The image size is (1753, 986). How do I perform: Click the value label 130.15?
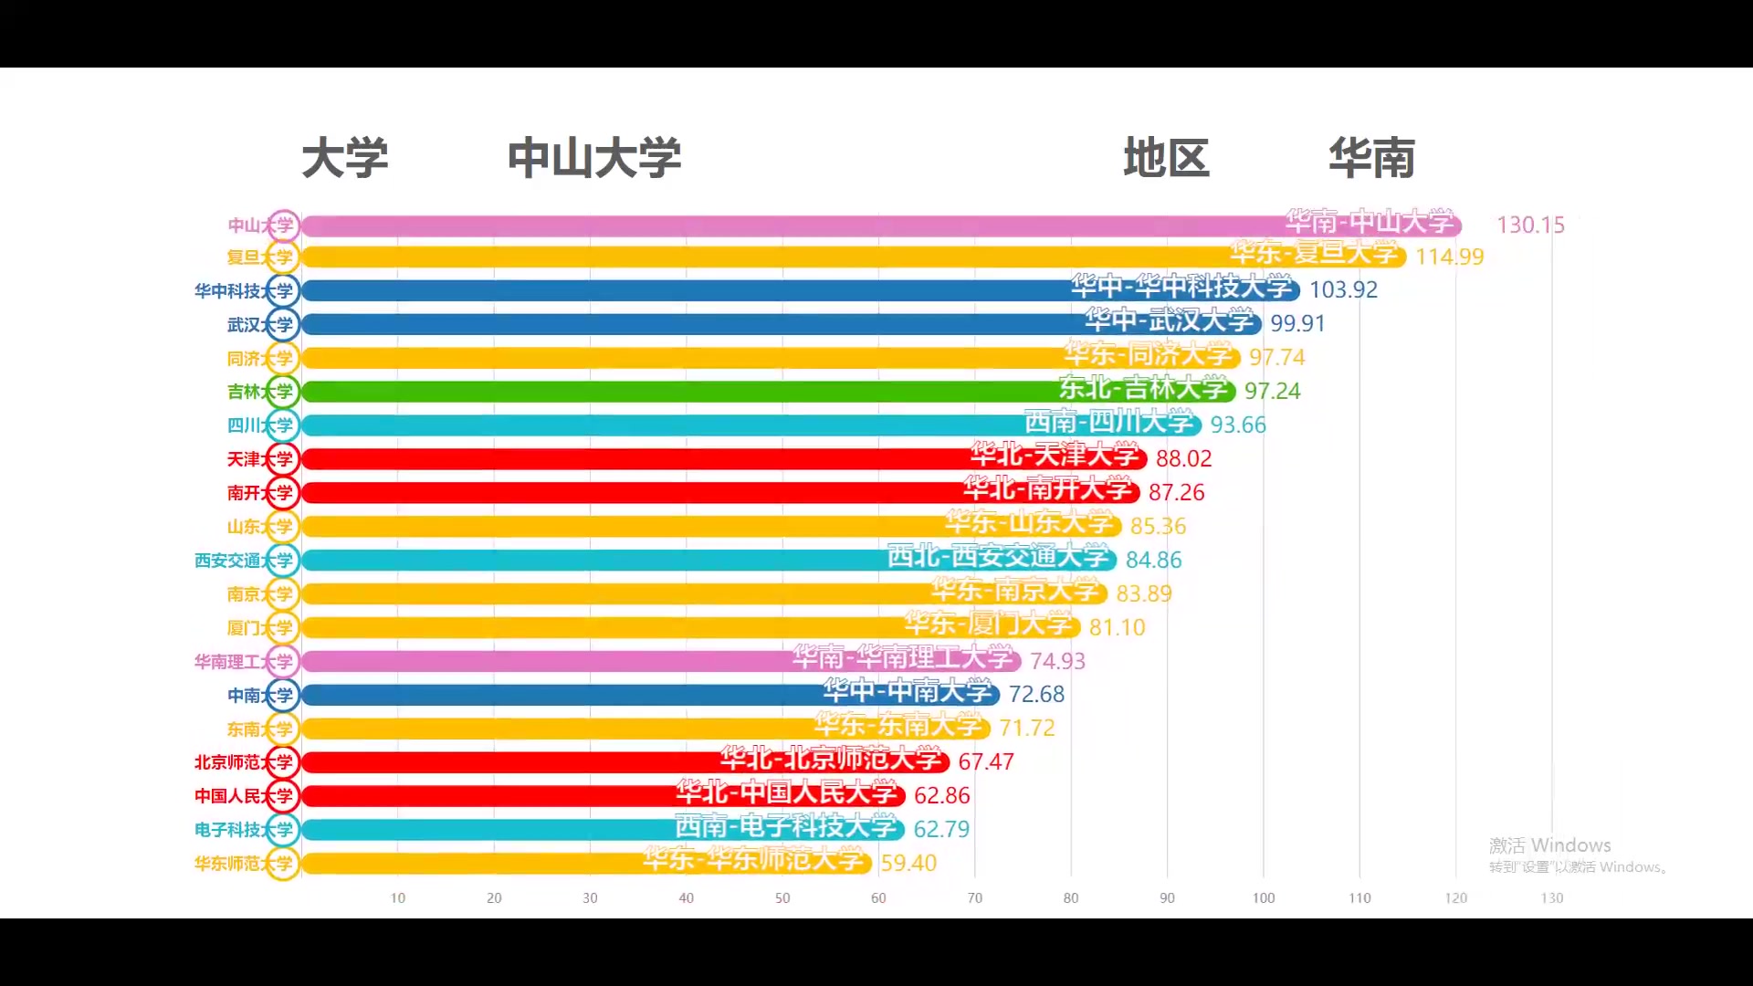pyautogui.click(x=1530, y=225)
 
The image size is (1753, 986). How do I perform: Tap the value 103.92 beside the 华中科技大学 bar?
pyautogui.click(x=1343, y=289)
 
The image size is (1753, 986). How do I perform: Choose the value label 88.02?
pyautogui.click(x=1183, y=458)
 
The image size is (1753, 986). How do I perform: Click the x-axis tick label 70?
pyautogui.click(x=974, y=898)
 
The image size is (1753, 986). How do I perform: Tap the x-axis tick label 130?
pyautogui.click(x=1551, y=898)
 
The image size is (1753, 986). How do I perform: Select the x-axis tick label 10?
pyautogui.click(x=398, y=898)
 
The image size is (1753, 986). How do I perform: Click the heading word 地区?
pyautogui.click(x=1166, y=158)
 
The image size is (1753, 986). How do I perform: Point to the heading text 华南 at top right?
pyautogui.click(x=1371, y=158)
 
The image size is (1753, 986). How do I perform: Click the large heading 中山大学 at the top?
pyautogui.click(x=594, y=158)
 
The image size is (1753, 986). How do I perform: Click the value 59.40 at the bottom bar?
pyautogui.click(x=908, y=863)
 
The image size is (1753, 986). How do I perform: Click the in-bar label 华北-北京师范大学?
pyautogui.click(x=830, y=759)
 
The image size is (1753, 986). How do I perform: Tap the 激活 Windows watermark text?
pyautogui.click(x=1549, y=845)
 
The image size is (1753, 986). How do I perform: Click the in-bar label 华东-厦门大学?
pyautogui.click(x=988, y=624)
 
